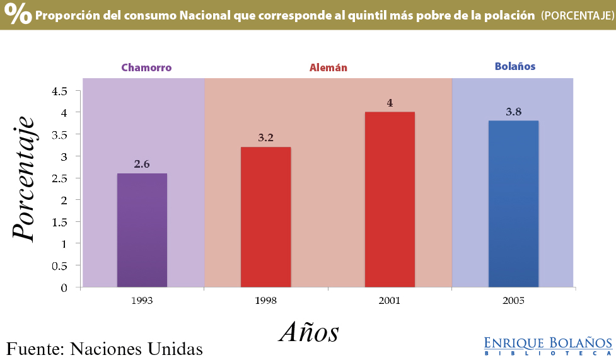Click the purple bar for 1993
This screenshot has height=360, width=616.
pyautogui.click(x=142, y=230)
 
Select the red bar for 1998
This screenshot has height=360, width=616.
pyautogui.click(x=265, y=217)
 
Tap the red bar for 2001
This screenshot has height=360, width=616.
pyautogui.click(x=390, y=199)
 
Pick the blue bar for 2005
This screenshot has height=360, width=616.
pyautogui.click(x=513, y=204)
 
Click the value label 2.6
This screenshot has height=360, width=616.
pyautogui.click(x=142, y=164)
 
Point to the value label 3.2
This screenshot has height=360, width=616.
pyautogui.click(x=265, y=137)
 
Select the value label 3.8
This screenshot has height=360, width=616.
pyautogui.click(x=513, y=112)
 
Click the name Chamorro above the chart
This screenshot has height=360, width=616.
pyautogui.click(x=146, y=67)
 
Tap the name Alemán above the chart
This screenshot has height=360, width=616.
pyautogui.click(x=328, y=67)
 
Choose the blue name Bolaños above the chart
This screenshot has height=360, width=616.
pyautogui.click(x=515, y=66)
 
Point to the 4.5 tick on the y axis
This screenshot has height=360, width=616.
pyautogui.click(x=60, y=91)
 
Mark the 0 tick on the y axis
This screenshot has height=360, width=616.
pyautogui.click(x=64, y=288)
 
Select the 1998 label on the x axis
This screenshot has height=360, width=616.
pyautogui.click(x=265, y=301)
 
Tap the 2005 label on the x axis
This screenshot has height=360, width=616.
pyautogui.click(x=513, y=301)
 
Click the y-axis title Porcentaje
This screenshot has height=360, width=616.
pyautogui.click(x=23, y=178)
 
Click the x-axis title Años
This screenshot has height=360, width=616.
pyautogui.click(x=309, y=331)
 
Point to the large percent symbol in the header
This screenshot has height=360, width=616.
pyautogui.click(x=19, y=15)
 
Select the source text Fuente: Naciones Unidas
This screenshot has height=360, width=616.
pyautogui.click(x=105, y=348)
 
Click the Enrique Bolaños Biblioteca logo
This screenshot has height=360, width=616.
pyautogui.click(x=547, y=345)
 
